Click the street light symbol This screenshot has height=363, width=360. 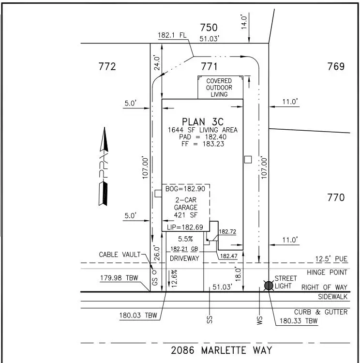(x=269, y=285)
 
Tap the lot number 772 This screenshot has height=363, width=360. (x=107, y=66)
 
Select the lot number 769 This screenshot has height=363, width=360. (x=335, y=66)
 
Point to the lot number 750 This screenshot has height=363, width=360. (x=209, y=28)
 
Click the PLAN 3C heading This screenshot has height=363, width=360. (x=202, y=121)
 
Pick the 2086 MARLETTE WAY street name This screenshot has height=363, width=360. (x=222, y=350)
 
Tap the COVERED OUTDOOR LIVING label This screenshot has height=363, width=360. (x=219, y=88)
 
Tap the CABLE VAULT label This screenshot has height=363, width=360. (x=120, y=254)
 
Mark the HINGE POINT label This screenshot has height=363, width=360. (x=327, y=272)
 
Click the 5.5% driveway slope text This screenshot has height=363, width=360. (x=185, y=239)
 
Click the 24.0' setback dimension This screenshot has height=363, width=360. (x=157, y=63)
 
